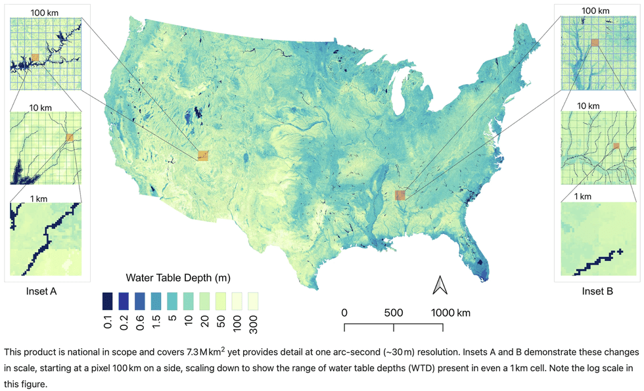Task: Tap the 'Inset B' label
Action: pos(598,291)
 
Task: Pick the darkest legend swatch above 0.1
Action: pos(107,301)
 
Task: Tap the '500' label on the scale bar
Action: pos(393,312)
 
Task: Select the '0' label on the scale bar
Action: pos(344,312)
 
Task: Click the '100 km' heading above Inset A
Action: pos(44,12)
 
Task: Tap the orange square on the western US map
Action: pos(203,156)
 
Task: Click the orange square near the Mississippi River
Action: pos(400,195)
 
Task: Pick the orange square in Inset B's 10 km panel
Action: pos(616,146)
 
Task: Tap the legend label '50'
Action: pos(221,321)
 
